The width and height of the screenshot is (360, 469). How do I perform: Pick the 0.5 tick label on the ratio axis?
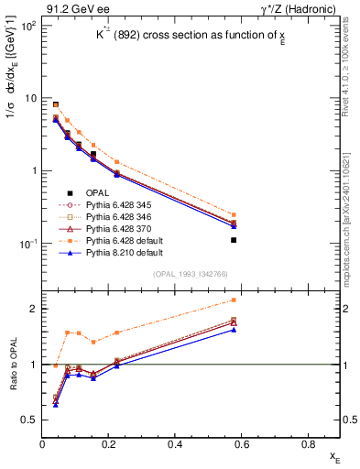click(29, 420)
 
